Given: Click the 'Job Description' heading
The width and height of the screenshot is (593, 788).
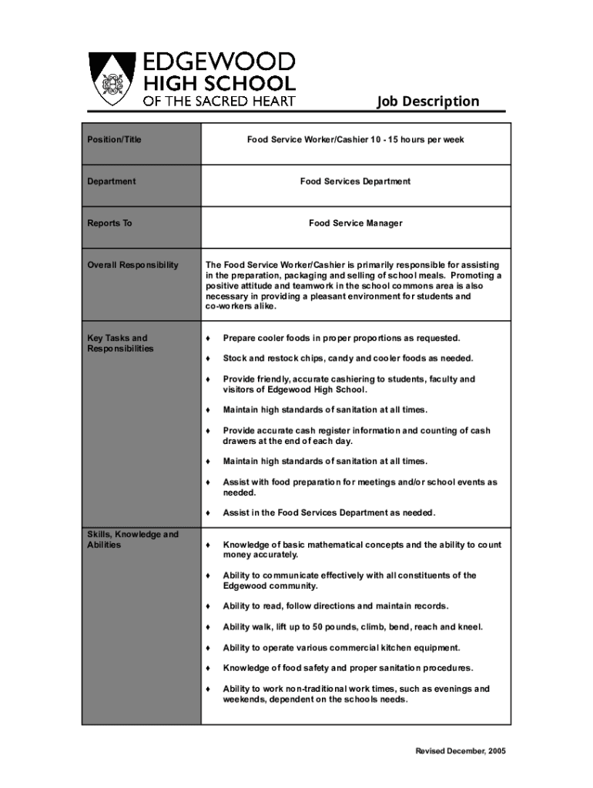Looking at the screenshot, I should tap(427, 102).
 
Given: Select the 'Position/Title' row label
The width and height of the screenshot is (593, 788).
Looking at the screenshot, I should tap(114, 140).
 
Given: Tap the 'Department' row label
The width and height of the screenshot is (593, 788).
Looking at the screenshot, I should tap(111, 182).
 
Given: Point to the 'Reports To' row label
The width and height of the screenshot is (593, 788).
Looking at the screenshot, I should tap(109, 223).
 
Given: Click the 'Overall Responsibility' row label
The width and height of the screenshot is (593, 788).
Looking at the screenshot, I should tap(132, 265).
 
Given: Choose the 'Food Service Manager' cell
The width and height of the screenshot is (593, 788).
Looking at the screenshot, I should tap(356, 223).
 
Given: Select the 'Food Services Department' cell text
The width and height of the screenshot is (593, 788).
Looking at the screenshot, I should tap(356, 182).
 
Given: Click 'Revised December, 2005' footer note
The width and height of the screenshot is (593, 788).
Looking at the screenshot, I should tap(457, 751).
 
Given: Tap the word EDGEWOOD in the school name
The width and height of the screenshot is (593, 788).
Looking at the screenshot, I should tap(215, 62).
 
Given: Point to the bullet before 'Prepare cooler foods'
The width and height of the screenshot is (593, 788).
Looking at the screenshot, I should tap(208, 338).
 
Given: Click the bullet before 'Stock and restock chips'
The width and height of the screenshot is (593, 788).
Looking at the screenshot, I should tap(208, 359).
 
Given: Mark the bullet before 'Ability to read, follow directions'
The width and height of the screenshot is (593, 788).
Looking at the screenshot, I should tap(208, 606).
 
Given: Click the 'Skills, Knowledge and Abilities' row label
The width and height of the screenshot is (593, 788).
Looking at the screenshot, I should tap(132, 539).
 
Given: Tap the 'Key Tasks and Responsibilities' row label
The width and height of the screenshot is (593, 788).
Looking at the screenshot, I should tap(120, 343).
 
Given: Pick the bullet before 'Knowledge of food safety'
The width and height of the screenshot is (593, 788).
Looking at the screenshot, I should tap(208, 668).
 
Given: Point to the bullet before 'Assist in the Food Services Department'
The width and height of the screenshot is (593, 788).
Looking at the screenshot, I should tap(208, 513).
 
